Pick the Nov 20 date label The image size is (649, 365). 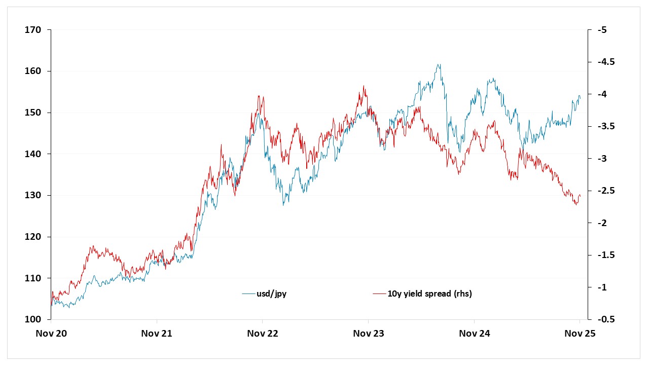[51, 334]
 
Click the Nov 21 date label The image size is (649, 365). [157, 334]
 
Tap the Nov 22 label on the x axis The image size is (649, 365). [263, 334]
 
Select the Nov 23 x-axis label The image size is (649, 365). [368, 334]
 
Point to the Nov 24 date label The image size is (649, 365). [474, 334]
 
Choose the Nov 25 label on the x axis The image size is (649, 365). [580, 334]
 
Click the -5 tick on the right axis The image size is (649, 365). [602, 30]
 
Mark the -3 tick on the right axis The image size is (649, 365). [602, 159]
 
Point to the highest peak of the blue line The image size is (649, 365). [439, 64]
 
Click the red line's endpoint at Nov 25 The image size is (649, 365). [580, 196]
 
